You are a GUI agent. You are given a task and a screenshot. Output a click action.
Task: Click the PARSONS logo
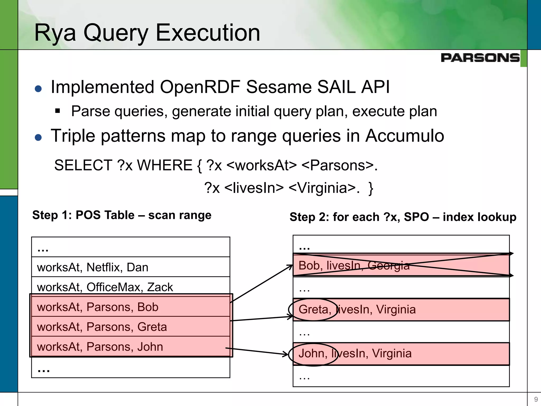point(480,58)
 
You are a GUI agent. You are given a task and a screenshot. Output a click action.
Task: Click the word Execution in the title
point(208,33)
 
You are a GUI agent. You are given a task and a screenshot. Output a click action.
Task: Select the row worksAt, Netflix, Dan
point(130,267)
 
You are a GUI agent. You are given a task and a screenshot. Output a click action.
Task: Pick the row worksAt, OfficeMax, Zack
point(130,287)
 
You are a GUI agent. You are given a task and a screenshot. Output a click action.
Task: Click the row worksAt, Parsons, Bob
point(130,307)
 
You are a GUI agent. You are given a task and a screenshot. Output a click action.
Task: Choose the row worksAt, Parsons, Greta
point(130,327)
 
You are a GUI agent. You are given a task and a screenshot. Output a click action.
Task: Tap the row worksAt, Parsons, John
point(130,347)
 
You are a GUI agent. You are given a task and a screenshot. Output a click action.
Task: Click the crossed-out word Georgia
point(388,265)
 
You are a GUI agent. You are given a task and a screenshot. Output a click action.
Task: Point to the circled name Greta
point(313,310)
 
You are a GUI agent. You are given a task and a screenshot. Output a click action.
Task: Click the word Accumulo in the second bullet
point(405,136)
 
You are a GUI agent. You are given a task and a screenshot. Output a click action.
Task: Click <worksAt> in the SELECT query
point(262,165)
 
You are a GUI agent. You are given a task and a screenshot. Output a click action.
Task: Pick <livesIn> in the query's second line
point(254,188)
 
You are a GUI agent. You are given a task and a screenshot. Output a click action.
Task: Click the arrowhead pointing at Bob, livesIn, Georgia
point(290,267)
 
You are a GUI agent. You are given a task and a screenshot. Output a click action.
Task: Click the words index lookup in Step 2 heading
point(479,217)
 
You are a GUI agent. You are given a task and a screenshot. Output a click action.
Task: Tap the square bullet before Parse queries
point(58,111)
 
